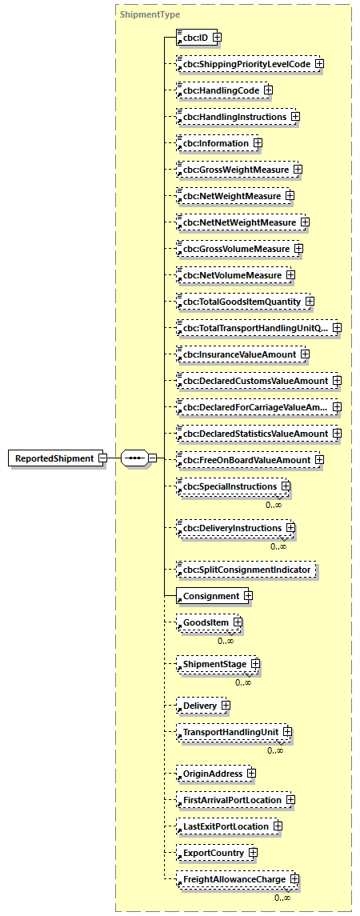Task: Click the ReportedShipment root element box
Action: click(x=52, y=458)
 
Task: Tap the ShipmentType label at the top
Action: click(x=150, y=14)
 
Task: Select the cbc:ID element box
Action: click(x=193, y=37)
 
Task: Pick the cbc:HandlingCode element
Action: click(x=210, y=90)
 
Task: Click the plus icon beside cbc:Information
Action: click(x=258, y=143)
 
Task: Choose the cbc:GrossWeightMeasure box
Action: click(x=233, y=170)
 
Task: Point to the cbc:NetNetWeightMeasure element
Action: click(x=237, y=222)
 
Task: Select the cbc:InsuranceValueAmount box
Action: click(x=237, y=354)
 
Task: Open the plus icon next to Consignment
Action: click(x=248, y=596)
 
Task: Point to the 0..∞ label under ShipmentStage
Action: click(x=243, y=682)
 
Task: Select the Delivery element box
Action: click(x=198, y=706)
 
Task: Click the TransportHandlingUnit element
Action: click(x=228, y=732)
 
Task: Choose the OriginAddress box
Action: click(x=211, y=774)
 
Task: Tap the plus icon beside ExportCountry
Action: click(x=253, y=853)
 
